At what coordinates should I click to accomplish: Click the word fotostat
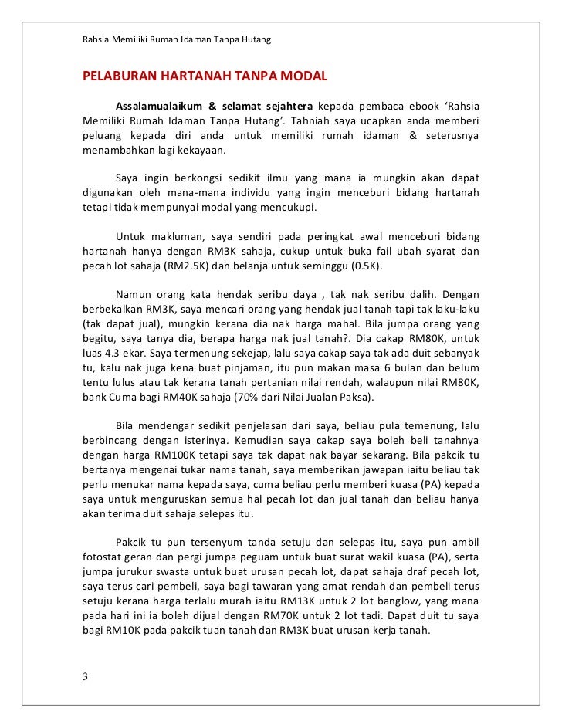tap(104, 557)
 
